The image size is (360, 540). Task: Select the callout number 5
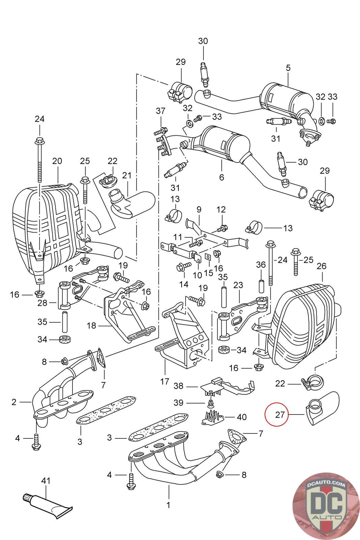click(x=288, y=68)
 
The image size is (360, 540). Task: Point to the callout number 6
click(x=221, y=177)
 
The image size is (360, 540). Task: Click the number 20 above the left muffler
click(x=57, y=161)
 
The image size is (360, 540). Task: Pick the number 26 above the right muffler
click(x=322, y=266)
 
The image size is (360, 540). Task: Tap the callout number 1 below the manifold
click(x=168, y=505)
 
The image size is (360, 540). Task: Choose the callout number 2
click(x=14, y=402)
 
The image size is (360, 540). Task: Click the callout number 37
click(x=161, y=111)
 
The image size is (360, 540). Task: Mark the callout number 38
click(x=178, y=385)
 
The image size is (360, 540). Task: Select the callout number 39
click(x=178, y=403)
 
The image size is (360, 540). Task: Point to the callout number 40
click(x=242, y=417)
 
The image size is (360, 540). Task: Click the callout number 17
click(x=164, y=382)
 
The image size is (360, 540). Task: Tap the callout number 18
click(x=91, y=326)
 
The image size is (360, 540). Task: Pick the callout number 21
click(x=127, y=175)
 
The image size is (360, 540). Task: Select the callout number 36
click(x=261, y=265)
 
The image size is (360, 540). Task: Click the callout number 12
click(x=221, y=210)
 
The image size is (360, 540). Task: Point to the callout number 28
click(x=42, y=303)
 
